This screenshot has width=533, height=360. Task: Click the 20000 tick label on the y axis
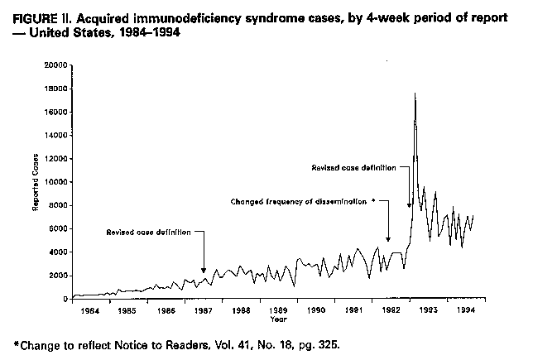pos(55,65)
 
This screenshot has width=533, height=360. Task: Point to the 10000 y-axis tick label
pos(55,182)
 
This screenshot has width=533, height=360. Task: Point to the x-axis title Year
pos(278,319)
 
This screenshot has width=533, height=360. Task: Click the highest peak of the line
pos(415,94)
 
